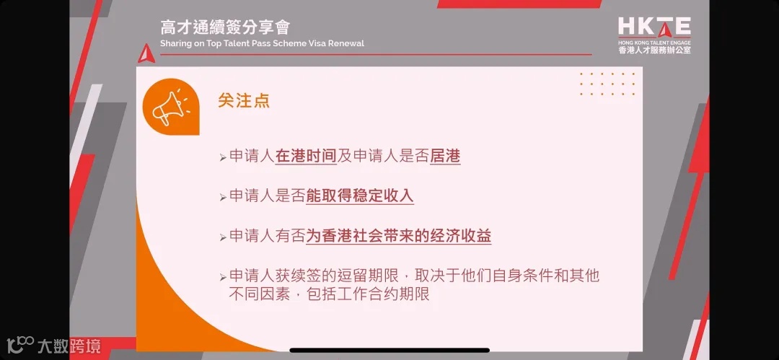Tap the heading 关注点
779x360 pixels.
pos(244,100)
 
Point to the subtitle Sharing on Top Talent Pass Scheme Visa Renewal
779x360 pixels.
pos(262,43)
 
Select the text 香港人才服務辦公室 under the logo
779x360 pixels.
pos(654,51)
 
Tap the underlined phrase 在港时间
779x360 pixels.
pos(306,157)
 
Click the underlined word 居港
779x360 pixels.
pos(444,157)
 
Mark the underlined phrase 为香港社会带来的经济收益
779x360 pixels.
pos(398,236)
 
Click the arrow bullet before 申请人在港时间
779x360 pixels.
pos(223,158)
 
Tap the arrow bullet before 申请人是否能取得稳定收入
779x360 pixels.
pos(223,198)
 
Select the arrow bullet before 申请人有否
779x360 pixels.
pos(223,237)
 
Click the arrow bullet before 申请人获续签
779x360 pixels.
pos(223,278)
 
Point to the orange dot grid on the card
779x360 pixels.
pos(607,84)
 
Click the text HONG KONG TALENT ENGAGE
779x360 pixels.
pos(654,43)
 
